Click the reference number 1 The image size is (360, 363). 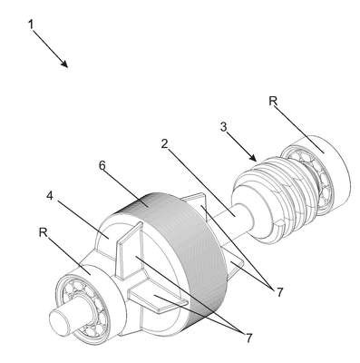pyautogui.click(x=31, y=25)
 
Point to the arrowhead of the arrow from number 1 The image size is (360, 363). pyautogui.click(x=64, y=64)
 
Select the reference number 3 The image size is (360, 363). pyautogui.click(x=223, y=127)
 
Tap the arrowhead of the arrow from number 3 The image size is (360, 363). pyautogui.click(x=253, y=158)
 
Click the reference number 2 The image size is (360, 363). pyautogui.click(x=164, y=143)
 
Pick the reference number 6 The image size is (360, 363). pyautogui.click(x=102, y=165)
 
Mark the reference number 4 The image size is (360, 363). pyautogui.click(x=50, y=196)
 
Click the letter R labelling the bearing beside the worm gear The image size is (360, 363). pyautogui.click(x=273, y=101)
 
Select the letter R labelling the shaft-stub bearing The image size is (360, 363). pyautogui.click(x=44, y=232)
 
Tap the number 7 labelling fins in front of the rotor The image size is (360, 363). pyautogui.click(x=248, y=338)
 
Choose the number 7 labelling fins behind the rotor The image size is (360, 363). pyautogui.click(x=279, y=292)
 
